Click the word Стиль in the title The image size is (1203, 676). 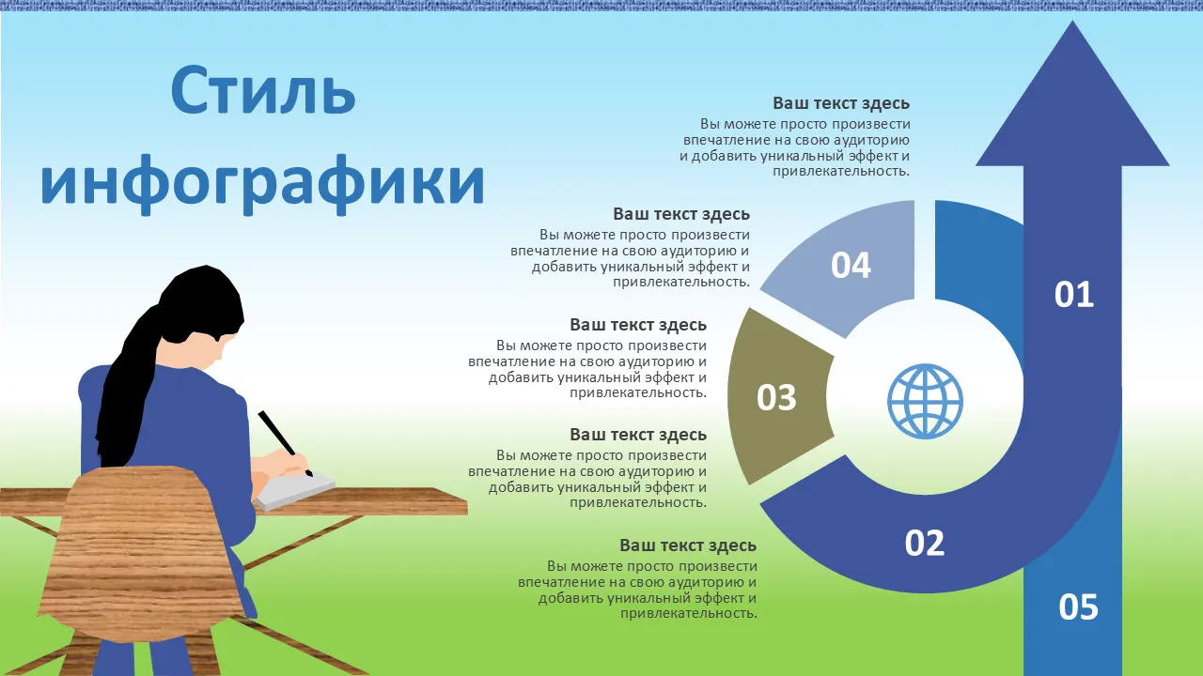click(263, 90)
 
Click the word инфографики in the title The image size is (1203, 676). click(262, 181)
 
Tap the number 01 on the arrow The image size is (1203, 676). click(1073, 294)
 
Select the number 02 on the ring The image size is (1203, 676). click(924, 543)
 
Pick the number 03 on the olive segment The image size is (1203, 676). click(776, 397)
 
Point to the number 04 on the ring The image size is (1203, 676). click(851, 265)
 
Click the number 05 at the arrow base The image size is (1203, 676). click(1078, 607)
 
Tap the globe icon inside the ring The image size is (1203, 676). click(925, 401)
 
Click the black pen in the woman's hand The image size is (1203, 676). click(285, 442)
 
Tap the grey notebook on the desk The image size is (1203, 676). click(294, 491)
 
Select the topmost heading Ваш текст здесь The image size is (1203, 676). click(841, 103)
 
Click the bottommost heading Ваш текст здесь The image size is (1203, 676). click(688, 545)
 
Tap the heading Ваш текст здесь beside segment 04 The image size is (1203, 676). click(681, 213)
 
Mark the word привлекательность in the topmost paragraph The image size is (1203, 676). click(841, 172)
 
